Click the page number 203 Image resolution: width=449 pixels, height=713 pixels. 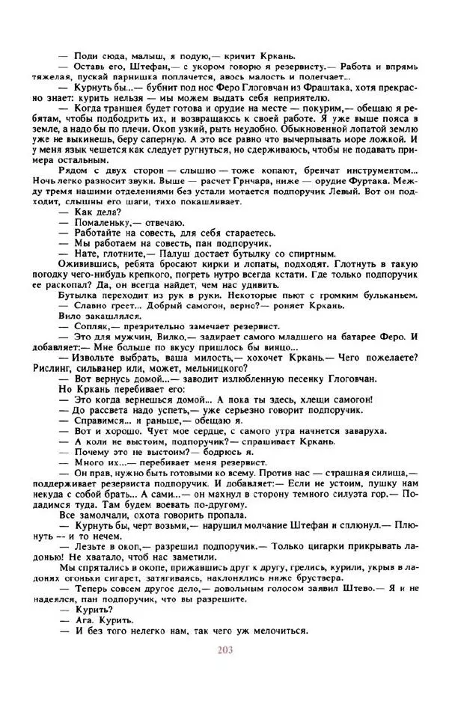[224, 649]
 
